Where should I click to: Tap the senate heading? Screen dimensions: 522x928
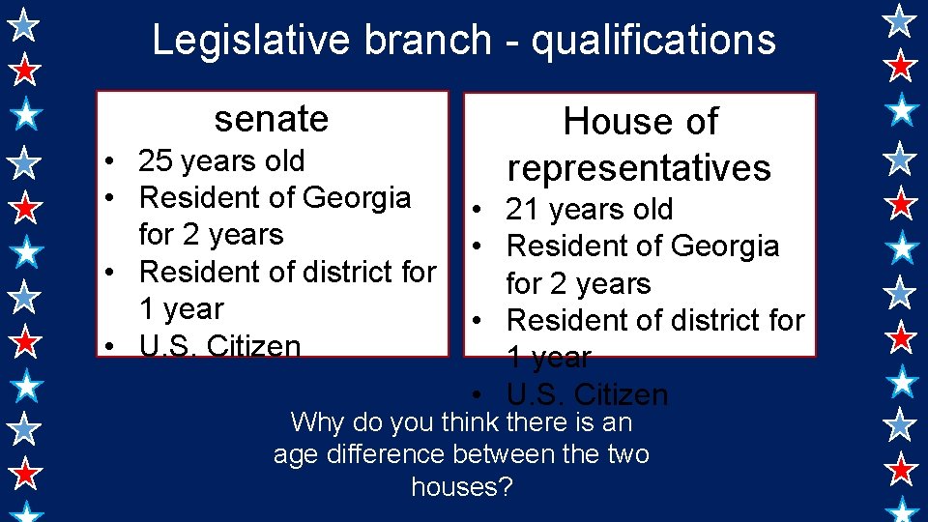tap(272, 119)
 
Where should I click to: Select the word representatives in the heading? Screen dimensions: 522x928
tap(639, 168)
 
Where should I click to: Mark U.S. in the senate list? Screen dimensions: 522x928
tap(164, 346)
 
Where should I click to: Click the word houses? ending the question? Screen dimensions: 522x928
tap(461, 486)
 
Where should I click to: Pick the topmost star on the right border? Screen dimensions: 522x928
tap(901, 19)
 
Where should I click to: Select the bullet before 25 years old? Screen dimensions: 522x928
tap(113, 161)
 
